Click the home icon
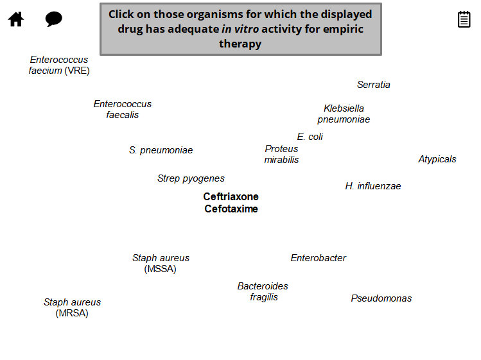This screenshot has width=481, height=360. (x=16, y=19)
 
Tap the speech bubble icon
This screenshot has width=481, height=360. (x=54, y=19)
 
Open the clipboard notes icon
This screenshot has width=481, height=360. (x=464, y=19)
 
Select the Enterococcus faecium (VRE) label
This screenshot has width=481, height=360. (x=59, y=65)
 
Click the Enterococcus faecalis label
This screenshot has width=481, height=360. (x=123, y=109)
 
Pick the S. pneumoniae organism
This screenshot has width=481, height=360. (x=161, y=150)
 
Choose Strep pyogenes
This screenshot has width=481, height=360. (x=191, y=178)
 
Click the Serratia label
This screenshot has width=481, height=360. (x=373, y=85)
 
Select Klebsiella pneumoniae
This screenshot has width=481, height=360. (x=344, y=114)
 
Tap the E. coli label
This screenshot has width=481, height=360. (x=310, y=137)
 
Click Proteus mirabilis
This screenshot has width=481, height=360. (x=281, y=154)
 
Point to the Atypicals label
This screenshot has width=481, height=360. (x=437, y=159)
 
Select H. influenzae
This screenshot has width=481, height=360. (x=372, y=186)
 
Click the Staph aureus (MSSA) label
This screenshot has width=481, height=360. (x=161, y=263)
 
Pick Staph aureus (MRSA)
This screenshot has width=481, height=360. (x=72, y=307)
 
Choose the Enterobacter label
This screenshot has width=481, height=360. (x=318, y=258)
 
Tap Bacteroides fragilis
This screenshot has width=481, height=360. (x=263, y=291)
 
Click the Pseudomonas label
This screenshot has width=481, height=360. (x=381, y=298)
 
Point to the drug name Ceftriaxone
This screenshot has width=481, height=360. (x=231, y=197)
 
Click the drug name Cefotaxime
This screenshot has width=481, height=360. (x=231, y=209)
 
